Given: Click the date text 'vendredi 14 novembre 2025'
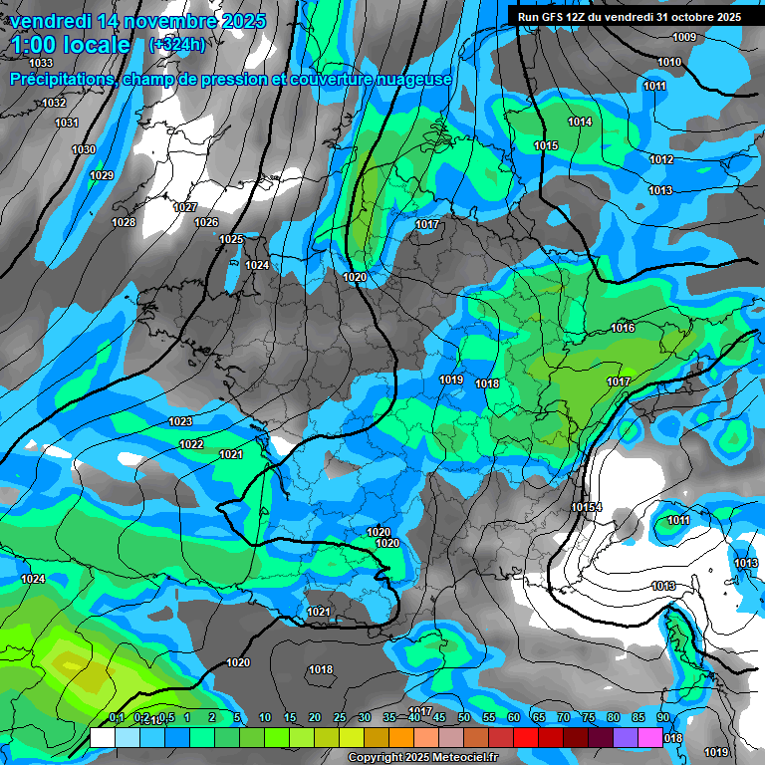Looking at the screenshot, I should click(137, 21).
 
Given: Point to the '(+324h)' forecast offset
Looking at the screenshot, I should click(177, 45).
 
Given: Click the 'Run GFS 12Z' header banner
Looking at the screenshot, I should click(629, 17).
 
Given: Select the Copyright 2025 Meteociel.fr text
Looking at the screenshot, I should click(422, 757).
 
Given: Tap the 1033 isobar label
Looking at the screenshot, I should click(41, 63).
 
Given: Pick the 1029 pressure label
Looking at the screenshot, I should click(102, 175).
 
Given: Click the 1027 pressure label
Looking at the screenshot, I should click(185, 207).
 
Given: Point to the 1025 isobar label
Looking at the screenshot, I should click(232, 239).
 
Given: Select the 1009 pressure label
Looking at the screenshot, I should click(684, 38).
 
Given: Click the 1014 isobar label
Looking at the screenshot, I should click(580, 122).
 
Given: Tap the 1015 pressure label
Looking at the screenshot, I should click(546, 145).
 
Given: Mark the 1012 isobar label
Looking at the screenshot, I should click(661, 159).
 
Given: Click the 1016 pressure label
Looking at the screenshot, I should click(624, 328).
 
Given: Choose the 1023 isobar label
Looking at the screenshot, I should click(180, 421).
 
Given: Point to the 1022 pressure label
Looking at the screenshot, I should click(192, 444).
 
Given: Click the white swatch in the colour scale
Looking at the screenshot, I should click(102, 737).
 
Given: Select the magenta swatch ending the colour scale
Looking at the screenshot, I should click(650, 737).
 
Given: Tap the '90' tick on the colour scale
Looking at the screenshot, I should click(663, 717).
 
